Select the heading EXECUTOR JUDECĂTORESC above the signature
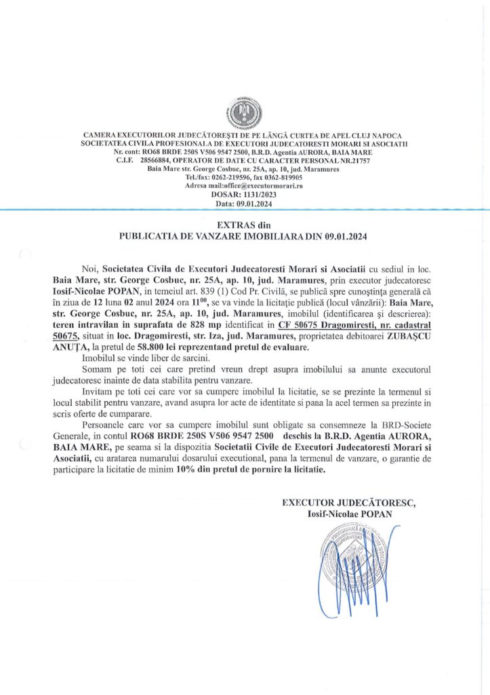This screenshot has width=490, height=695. [349, 503]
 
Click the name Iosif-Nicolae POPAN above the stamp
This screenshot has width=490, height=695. [349, 513]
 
